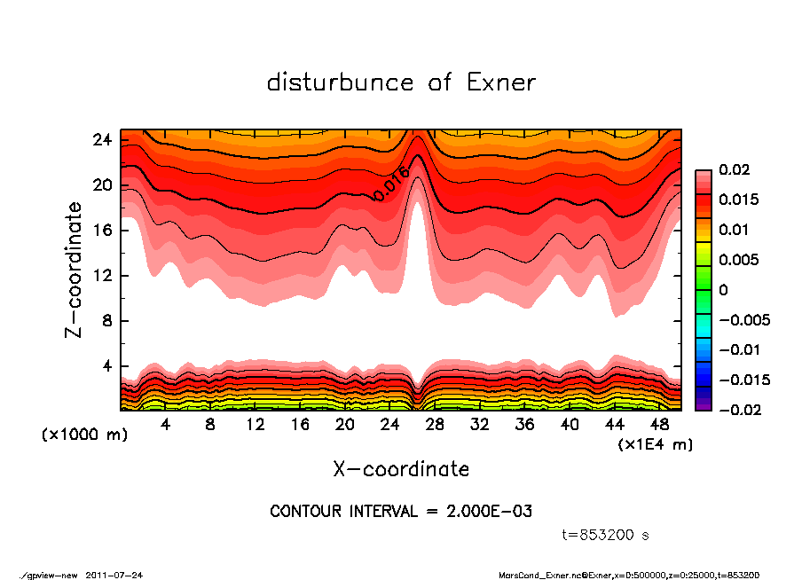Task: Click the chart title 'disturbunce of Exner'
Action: pos(401,82)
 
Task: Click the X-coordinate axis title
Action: pos(401,469)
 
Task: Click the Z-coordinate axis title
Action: pos(75,270)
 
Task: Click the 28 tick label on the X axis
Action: pos(435,425)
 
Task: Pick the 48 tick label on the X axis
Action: pos(660,425)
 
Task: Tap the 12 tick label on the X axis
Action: pos(256,425)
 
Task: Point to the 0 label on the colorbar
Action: pos(723,290)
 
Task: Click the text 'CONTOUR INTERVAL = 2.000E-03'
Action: pos(401,512)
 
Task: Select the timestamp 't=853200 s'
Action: pos(606,535)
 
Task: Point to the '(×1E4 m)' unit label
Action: pos(655,443)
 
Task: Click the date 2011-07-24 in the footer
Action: pos(114,576)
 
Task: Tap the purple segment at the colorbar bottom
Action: pos(703,404)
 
